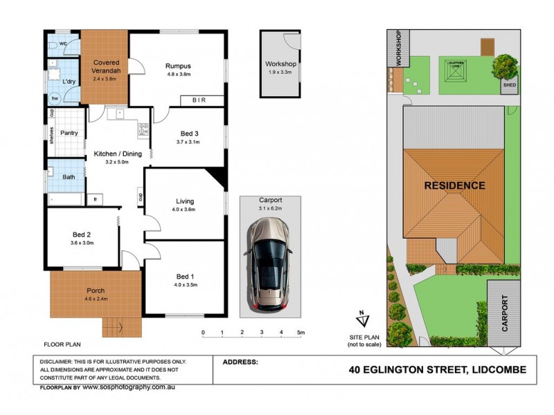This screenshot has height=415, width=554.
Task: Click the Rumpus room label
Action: coord(178,66)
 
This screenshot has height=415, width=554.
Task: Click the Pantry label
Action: coord(69,133)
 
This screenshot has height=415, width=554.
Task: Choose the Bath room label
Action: coord(69,176)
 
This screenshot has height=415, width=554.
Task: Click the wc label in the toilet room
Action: coord(62,44)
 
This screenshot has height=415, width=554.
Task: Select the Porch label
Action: coord(95,290)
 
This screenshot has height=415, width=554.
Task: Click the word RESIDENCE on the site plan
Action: coord(454,185)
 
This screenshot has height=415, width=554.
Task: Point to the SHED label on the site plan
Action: coord(510,86)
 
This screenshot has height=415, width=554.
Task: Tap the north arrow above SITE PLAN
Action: coord(362,319)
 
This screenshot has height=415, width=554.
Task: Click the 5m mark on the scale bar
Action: coord(301,333)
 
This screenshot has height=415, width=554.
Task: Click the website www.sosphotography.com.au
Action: coord(128,388)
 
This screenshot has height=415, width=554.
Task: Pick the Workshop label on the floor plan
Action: coord(281,64)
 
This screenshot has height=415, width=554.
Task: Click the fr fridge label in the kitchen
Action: coord(96,200)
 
